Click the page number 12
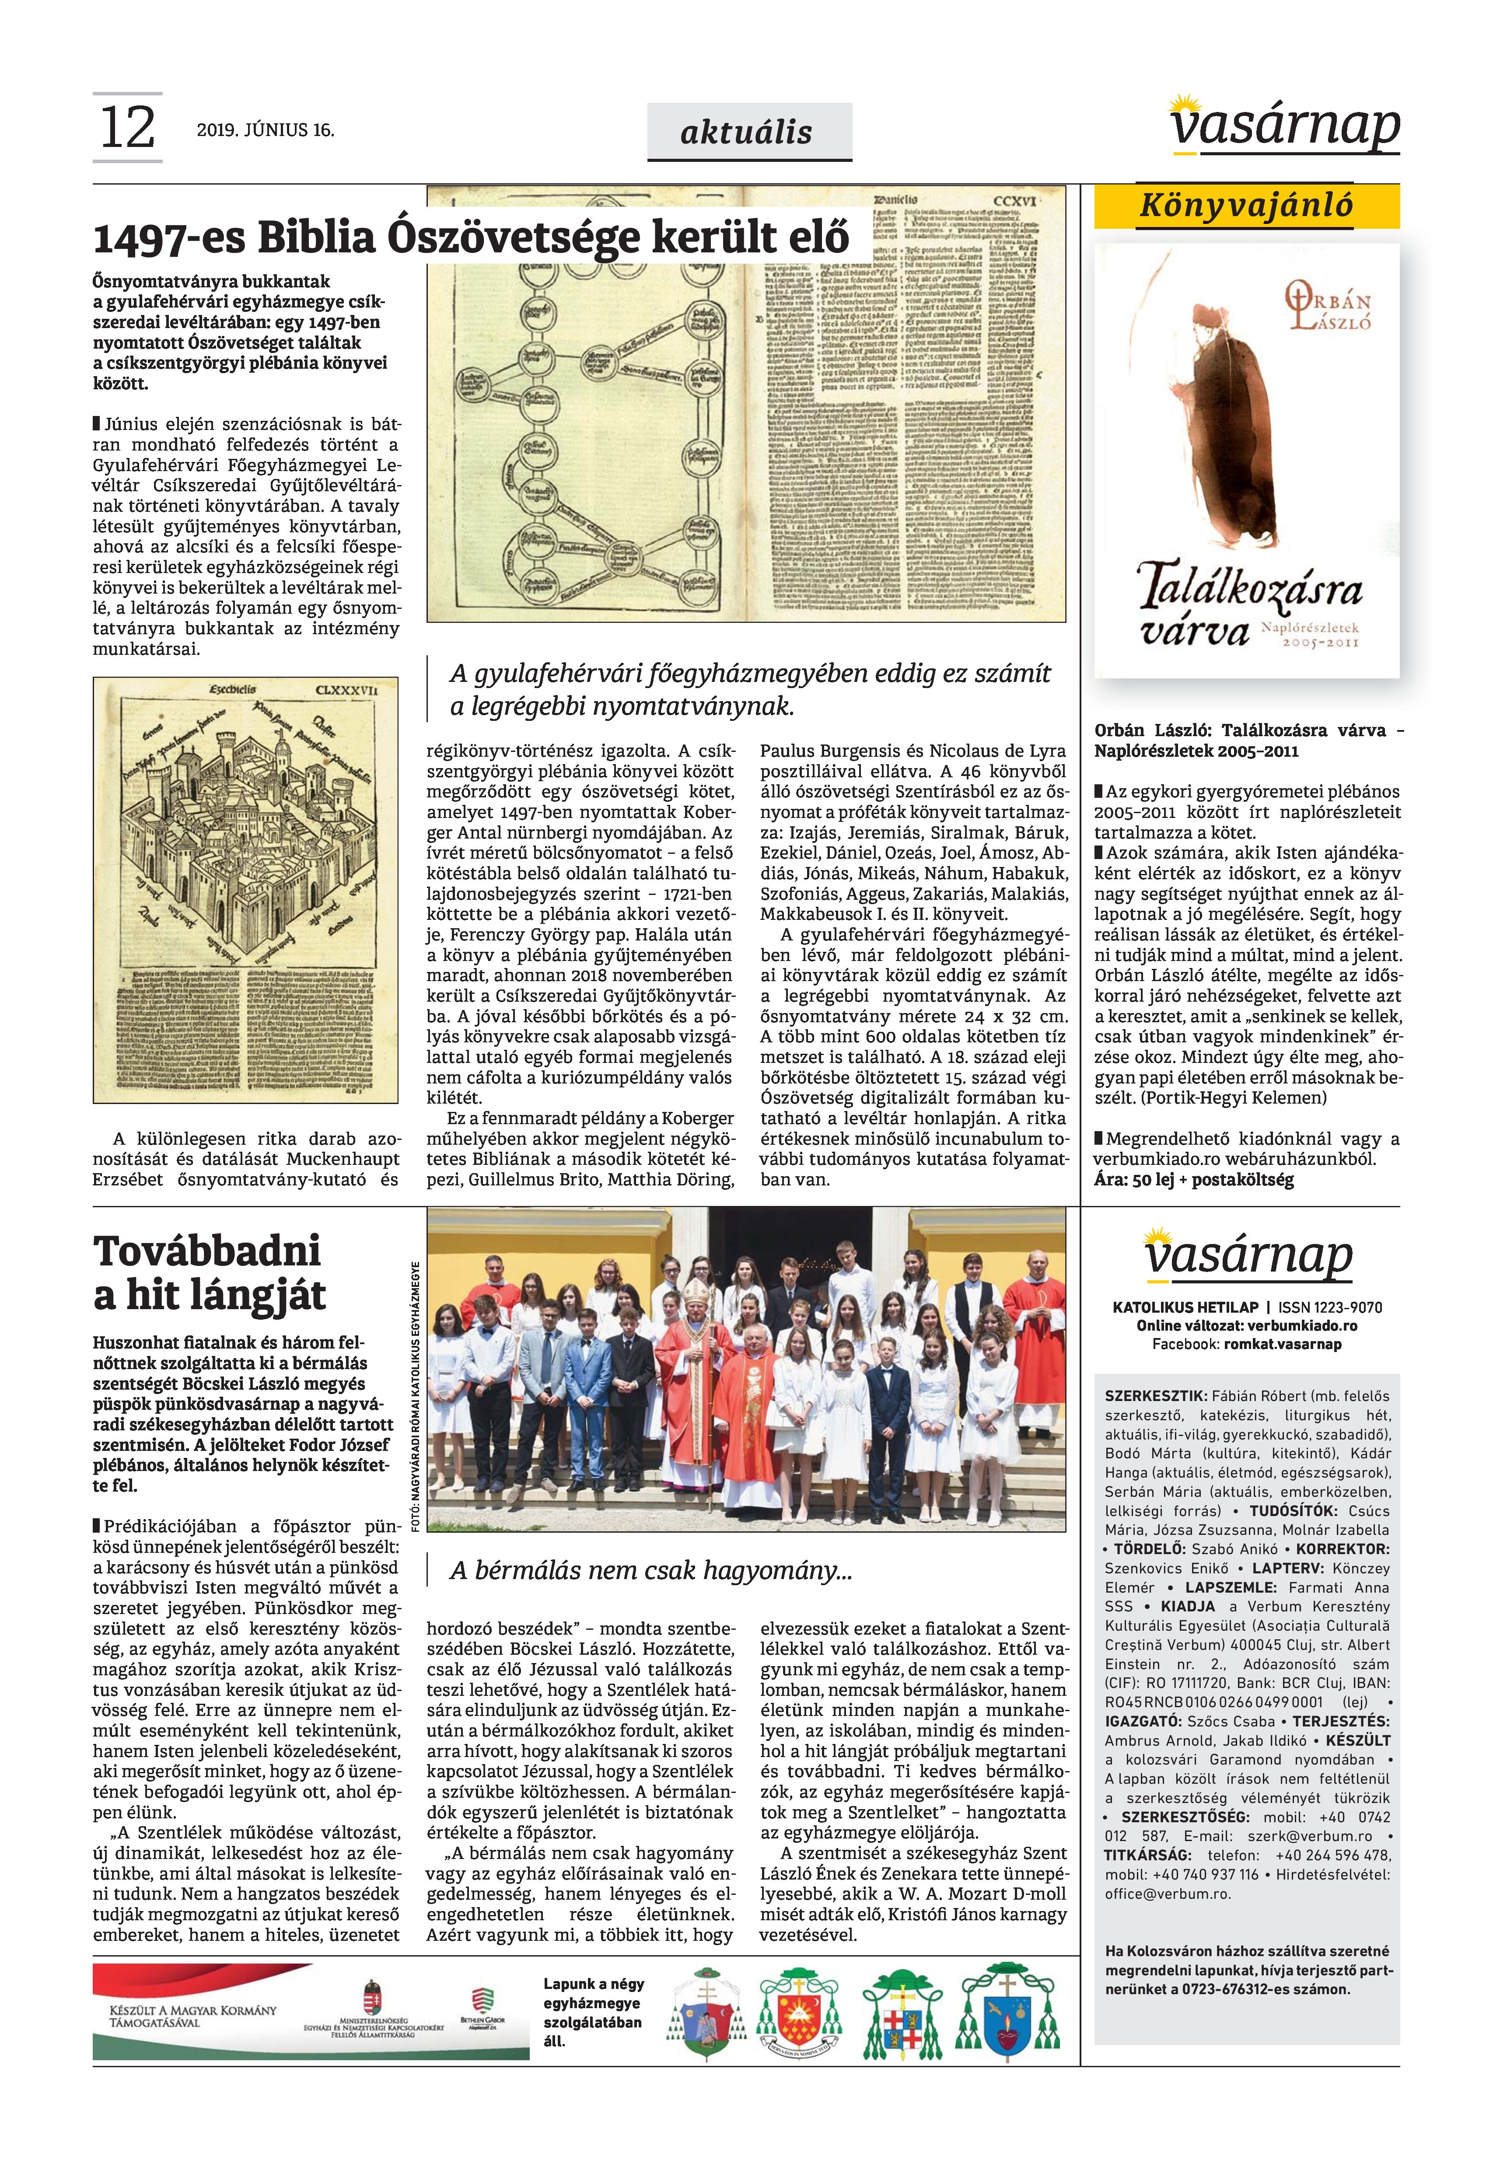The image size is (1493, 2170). [x=126, y=128]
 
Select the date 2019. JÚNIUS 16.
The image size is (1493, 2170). [x=265, y=130]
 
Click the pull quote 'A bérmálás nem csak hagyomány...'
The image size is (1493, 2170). [x=650, y=1569]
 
